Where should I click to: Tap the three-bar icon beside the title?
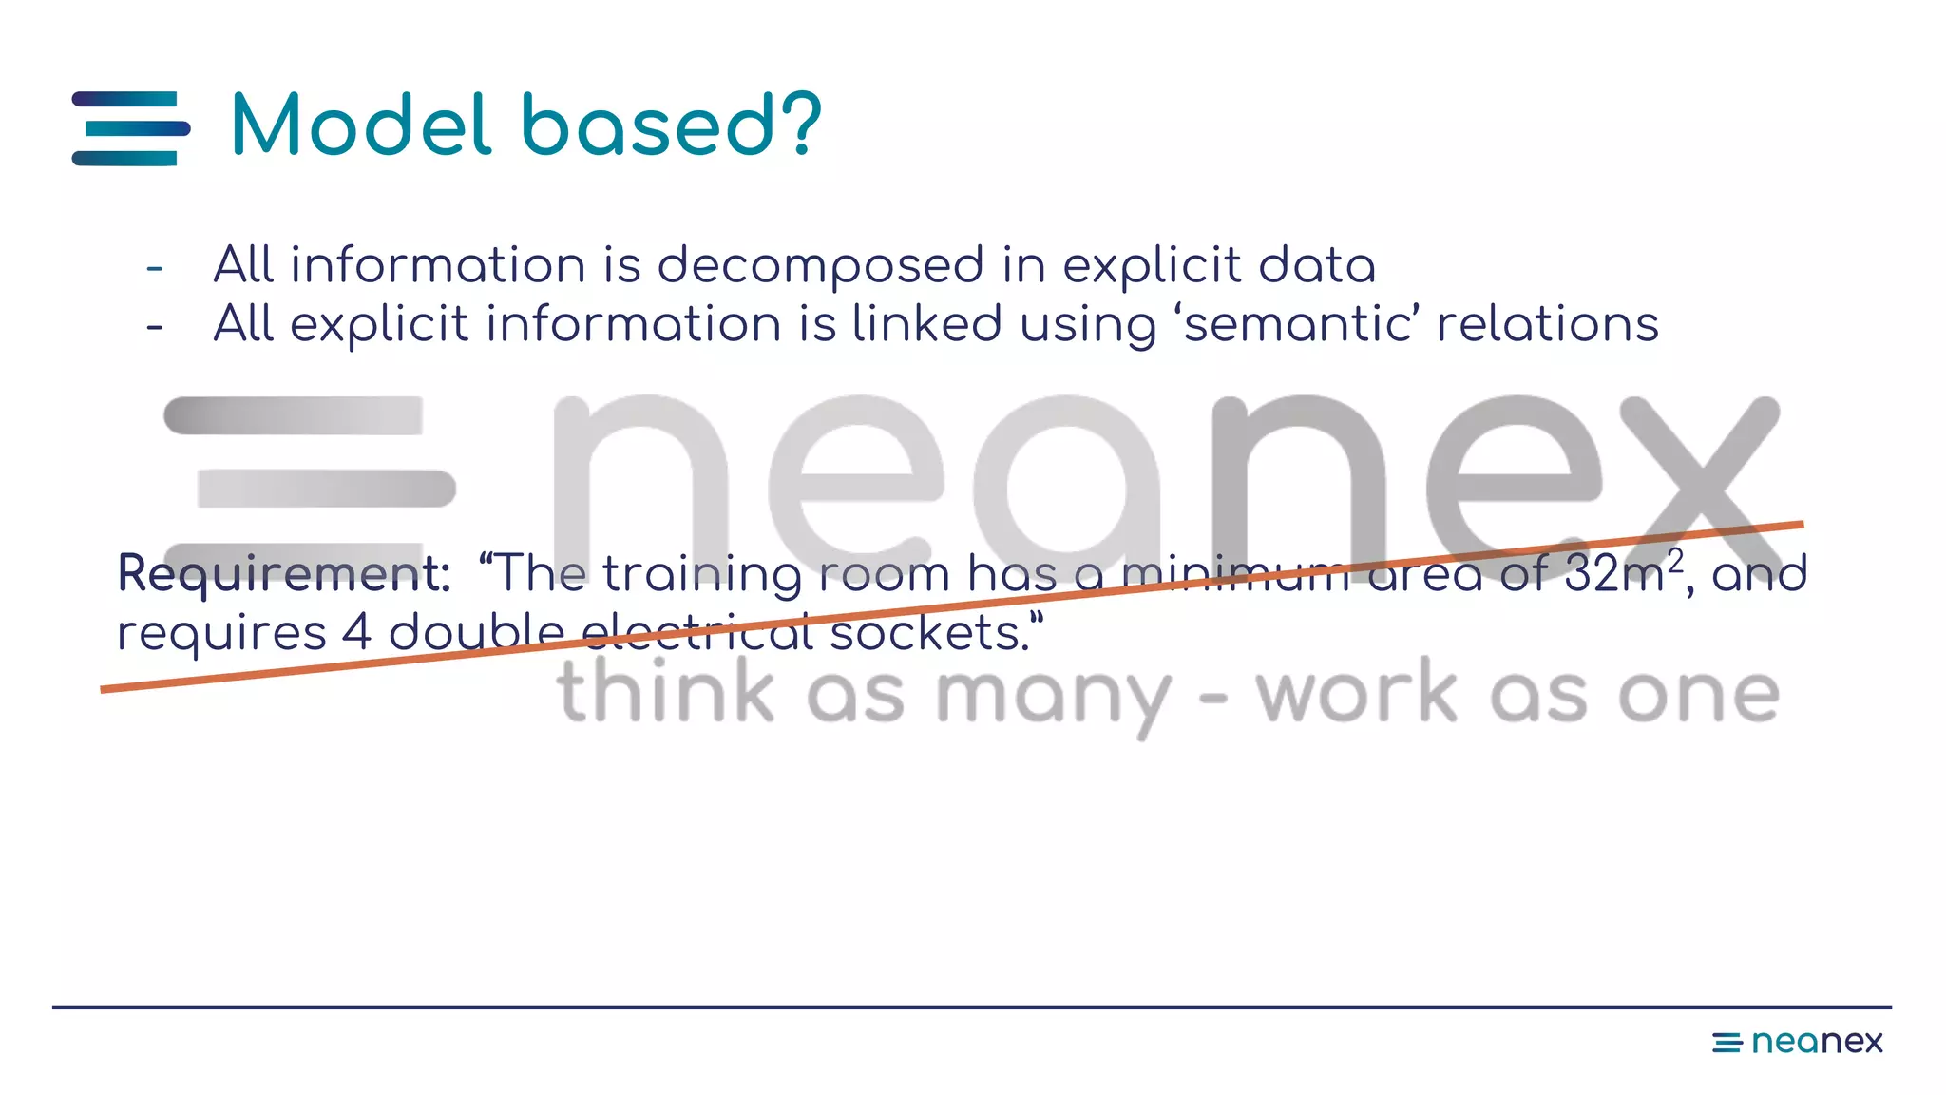coord(131,128)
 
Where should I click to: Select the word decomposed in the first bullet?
coord(820,265)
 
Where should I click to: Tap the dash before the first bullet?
coord(155,269)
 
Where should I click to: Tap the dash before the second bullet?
coord(155,327)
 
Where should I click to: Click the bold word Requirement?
coord(283,574)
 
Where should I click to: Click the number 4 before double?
coord(356,633)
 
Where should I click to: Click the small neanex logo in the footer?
coord(1797,1042)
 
